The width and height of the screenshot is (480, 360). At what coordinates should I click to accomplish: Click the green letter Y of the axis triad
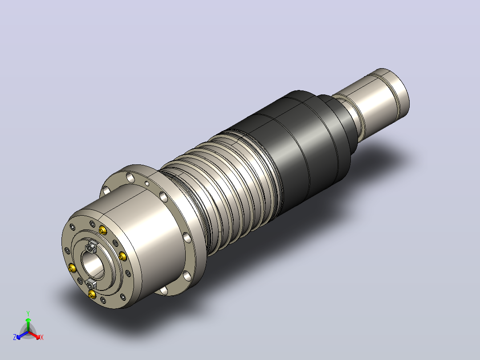point(28,313)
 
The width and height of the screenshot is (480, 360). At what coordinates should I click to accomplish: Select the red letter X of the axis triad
point(42,337)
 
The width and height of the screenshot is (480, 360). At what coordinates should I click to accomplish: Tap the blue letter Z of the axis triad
point(15,337)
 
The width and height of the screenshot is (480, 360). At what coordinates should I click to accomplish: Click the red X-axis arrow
point(34,335)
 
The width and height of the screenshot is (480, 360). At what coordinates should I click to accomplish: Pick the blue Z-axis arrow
point(22,335)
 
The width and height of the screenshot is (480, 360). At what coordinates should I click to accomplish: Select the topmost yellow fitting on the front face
point(103,230)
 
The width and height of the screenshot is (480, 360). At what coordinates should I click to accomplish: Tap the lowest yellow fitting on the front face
point(92,295)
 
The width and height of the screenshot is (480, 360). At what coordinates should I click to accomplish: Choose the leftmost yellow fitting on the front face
point(72,268)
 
